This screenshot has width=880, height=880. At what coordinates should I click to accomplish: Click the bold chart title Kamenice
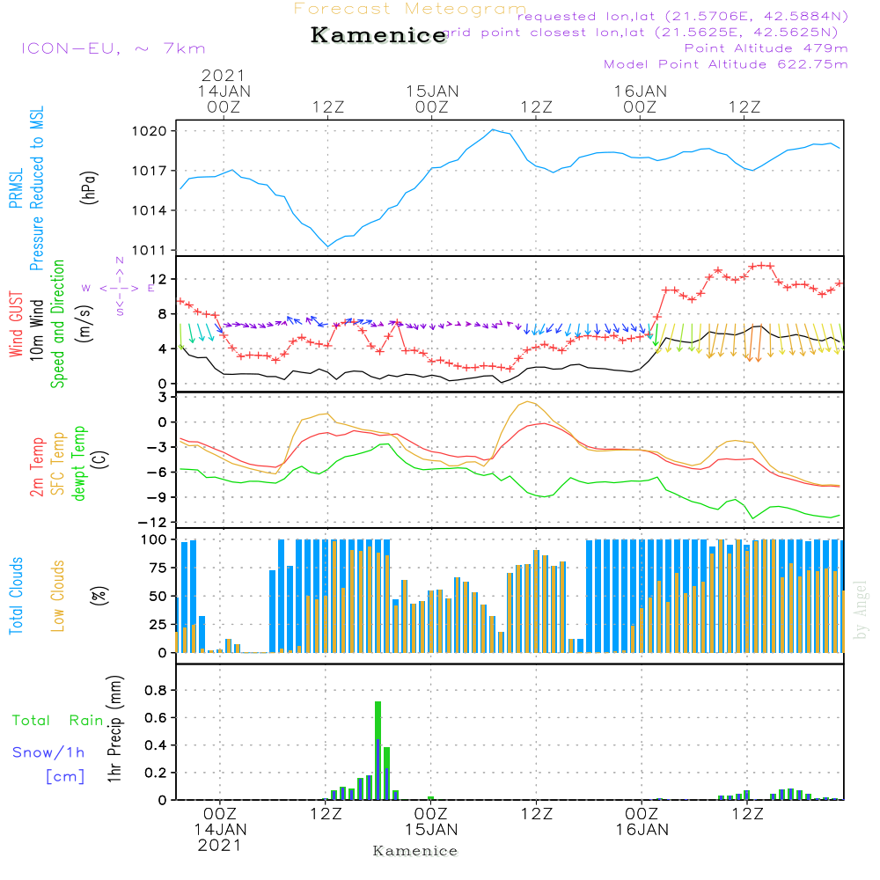(378, 36)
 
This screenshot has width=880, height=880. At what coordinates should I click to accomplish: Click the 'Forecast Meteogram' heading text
(410, 9)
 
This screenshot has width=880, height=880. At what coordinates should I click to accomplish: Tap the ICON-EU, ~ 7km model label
(113, 48)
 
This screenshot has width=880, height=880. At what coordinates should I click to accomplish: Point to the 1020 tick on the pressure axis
(158, 131)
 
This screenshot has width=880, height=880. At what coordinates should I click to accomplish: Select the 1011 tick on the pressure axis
(158, 250)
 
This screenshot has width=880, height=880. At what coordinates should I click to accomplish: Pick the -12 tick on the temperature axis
(160, 523)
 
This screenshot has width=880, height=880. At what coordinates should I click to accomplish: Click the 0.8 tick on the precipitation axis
(156, 691)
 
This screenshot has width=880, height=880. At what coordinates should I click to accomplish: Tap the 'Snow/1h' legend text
(49, 752)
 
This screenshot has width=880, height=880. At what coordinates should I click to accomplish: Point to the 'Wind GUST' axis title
(17, 324)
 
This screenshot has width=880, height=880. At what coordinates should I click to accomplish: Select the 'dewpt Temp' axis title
(79, 465)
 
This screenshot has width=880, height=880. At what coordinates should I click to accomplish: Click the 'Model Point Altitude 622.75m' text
(726, 64)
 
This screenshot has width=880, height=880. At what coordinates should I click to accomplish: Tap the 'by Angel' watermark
(861, 610)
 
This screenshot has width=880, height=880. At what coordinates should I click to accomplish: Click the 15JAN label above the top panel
(432, 91)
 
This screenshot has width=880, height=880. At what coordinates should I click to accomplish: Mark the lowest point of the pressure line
(327, 246)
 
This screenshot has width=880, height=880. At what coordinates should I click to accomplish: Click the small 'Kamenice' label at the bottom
(415, 851)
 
